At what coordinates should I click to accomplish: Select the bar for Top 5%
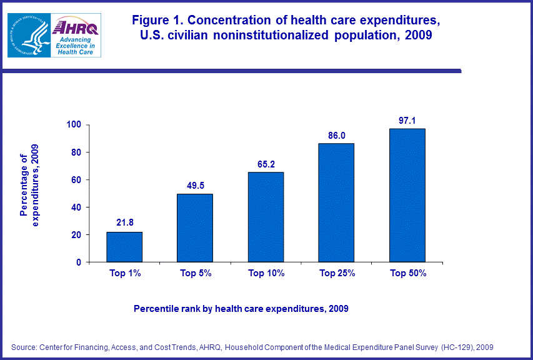click(195, 228)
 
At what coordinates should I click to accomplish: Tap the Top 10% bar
click(266, 217)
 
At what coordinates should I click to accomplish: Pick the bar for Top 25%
click(336, 202)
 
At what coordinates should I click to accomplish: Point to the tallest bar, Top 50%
click(407, 195)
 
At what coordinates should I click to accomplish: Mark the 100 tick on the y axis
click(75, 125)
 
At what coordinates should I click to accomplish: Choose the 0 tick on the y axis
click(79, 262)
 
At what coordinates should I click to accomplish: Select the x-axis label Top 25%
click(337, 273)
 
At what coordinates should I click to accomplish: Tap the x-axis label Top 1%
click(124, 273)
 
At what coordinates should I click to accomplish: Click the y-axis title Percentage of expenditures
click(29, 186)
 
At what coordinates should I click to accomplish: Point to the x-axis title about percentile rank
click(241, 309)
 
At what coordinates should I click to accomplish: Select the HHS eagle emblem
click(27, 35)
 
